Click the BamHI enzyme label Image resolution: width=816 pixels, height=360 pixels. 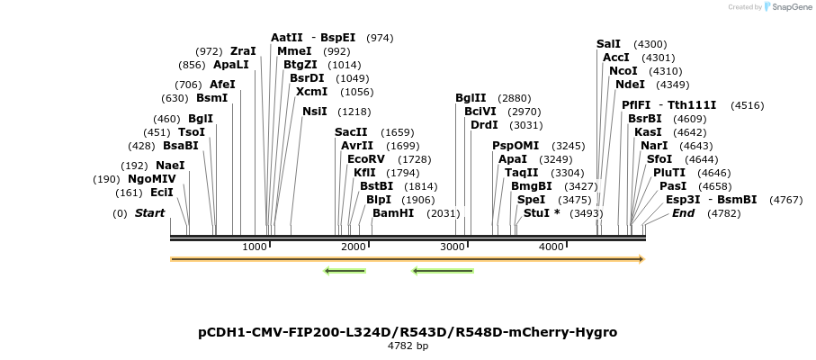(x=393, y=213)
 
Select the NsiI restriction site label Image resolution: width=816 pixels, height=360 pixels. (x=315, y=112)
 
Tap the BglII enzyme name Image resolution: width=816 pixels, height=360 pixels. (x=471, y=98)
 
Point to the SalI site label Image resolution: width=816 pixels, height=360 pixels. (x=608, y=44)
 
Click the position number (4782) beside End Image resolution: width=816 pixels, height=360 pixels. (x=723, y=213)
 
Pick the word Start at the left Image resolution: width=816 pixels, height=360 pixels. (x=150, y=213)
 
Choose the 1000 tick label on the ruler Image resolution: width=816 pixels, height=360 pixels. (x=255, y=247)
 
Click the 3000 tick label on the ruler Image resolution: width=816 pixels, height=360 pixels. (x=453, y=247)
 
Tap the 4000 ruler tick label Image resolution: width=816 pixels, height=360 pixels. (x=551, y=247)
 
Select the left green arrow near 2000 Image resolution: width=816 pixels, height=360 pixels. (x=345, y=270)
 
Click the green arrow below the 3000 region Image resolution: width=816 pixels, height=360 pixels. (x=443, y=270)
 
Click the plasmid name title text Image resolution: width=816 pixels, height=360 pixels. (x=408, y=332)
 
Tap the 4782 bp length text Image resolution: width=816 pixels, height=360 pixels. (x=408, y=346)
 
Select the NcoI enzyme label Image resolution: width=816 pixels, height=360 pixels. (x=623, y=71)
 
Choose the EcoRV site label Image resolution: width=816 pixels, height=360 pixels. (x=365, y=159)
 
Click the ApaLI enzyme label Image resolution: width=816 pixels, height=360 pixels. (x=231, y=65)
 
